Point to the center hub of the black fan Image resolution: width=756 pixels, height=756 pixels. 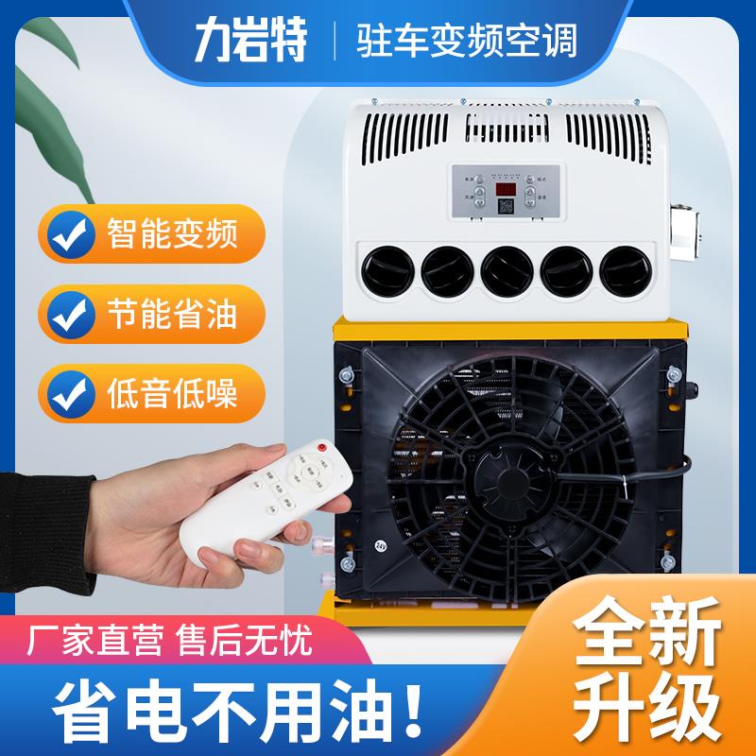[x=511, y=470]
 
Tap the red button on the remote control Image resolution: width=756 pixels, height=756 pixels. [x=322, y=446]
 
